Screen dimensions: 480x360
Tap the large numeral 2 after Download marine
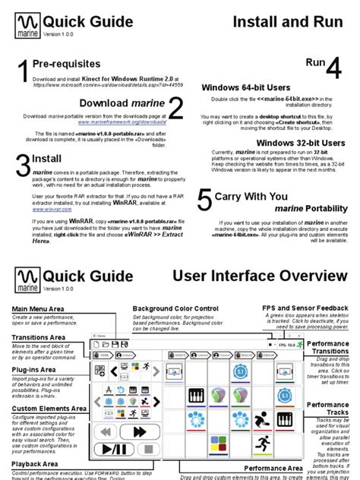(x=175, y=108)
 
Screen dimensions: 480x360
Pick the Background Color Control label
(x=175, y=308)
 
